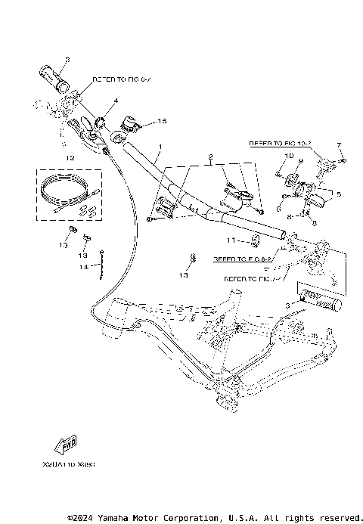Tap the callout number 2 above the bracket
(210, 157)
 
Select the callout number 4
(116, 100)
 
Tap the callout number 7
(340, 144)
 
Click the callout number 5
(339, 194)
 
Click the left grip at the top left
(54, 77)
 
